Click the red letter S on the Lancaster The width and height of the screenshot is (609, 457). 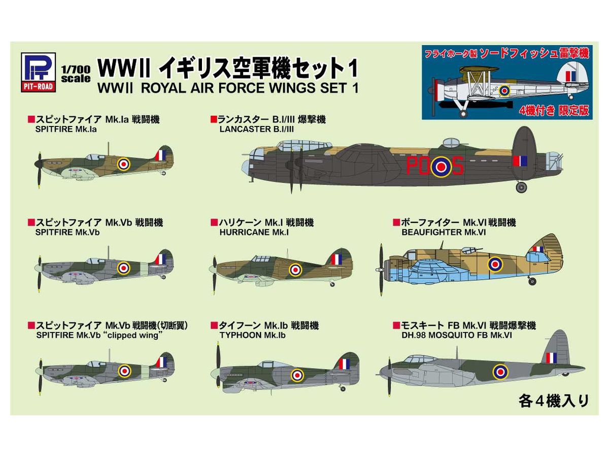point(457,167)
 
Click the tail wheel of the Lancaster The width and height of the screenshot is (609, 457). point(521,187)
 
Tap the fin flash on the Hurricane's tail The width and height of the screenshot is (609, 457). point(336,259)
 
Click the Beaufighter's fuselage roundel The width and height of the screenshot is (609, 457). point(495,263)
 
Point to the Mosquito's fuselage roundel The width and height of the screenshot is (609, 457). point(500,372)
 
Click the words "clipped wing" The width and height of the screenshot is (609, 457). point(140,336)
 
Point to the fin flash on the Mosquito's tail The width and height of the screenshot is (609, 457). point(552,358)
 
